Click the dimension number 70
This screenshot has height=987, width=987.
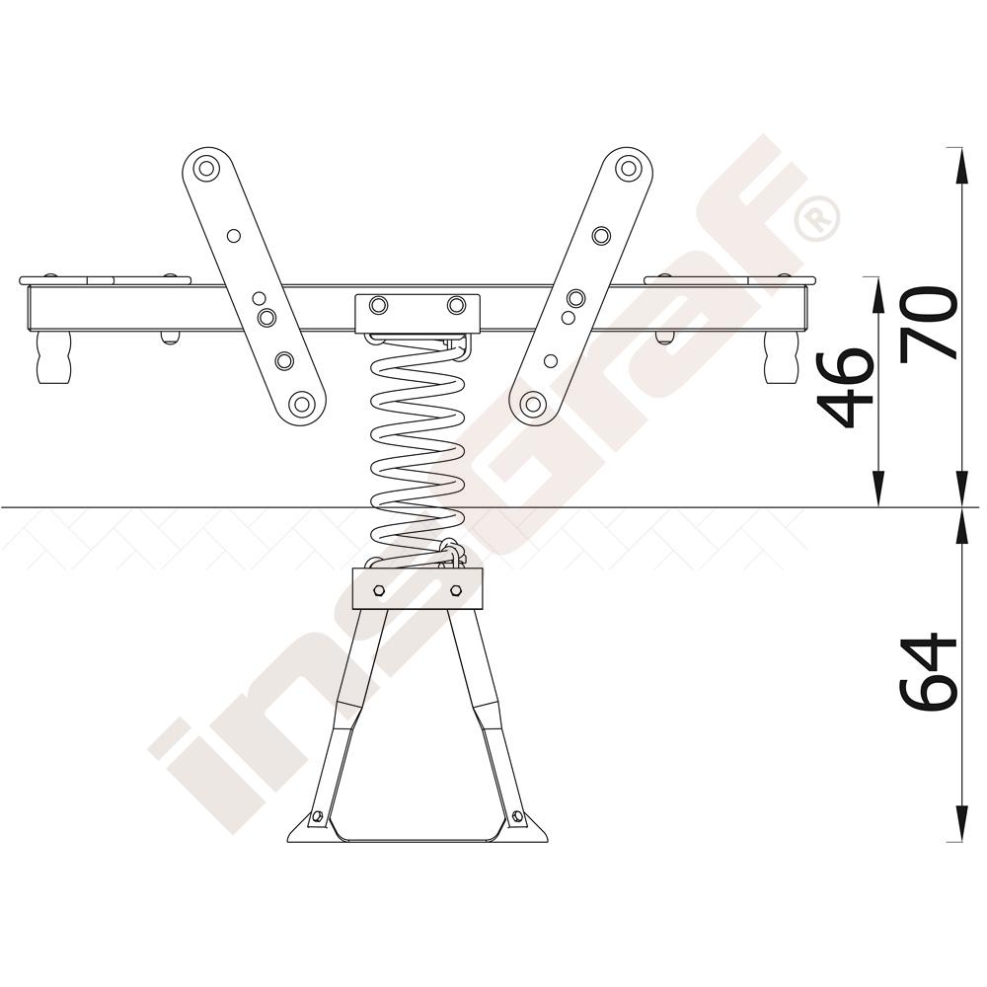(929, 325)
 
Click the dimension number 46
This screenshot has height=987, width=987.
(846, 387)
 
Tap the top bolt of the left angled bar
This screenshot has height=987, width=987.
(205, 169)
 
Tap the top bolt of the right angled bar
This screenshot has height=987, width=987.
(628, 168)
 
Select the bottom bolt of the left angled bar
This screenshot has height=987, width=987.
(303, 403)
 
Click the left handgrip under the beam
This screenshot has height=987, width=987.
(53, 357)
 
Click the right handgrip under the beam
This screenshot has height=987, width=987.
(781, 357)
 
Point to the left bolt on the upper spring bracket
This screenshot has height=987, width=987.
(378, 305)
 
